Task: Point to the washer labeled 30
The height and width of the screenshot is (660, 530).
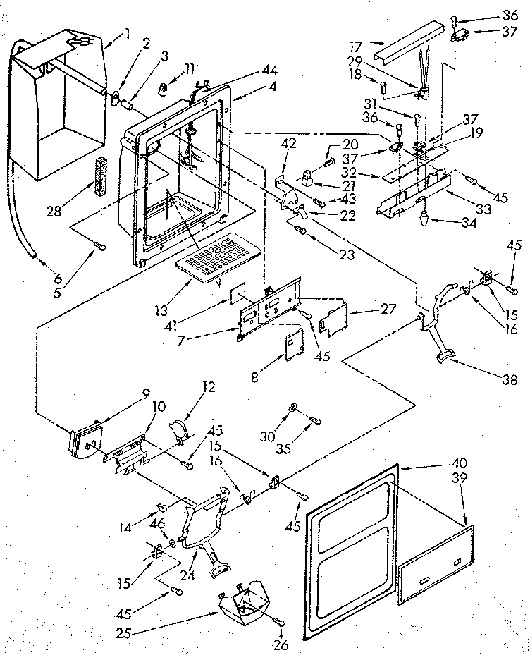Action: pos(292,408)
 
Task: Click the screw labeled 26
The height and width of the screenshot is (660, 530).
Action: pos(281,621)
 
